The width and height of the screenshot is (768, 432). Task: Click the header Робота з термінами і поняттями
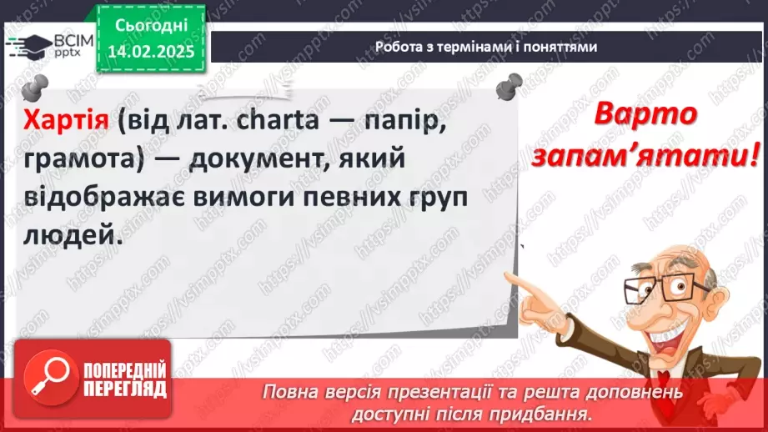tap(486, 48)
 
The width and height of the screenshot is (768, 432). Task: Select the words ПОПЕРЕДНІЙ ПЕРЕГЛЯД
tap(123, 376)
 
